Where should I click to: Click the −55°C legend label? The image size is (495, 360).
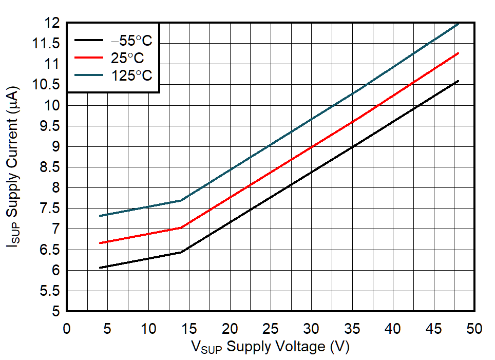point(132,41)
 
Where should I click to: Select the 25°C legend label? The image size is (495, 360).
point(127,58)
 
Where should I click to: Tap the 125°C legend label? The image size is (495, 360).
point(132,75)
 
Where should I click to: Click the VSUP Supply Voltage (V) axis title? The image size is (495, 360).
point(270,347)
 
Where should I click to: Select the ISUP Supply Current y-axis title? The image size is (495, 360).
point(14,167)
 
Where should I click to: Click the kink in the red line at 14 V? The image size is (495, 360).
point(181,227)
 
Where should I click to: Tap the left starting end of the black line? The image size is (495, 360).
point(100,268)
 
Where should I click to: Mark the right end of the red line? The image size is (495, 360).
point(458,53)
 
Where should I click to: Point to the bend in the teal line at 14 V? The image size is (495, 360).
point(181,200)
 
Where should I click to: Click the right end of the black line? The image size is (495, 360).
point(458,81)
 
